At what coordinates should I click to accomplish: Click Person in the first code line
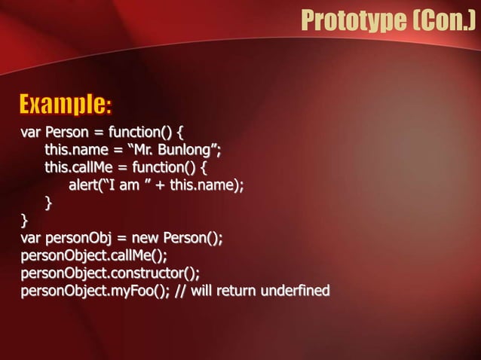[x=69, y=135]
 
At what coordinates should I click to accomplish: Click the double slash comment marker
[x=180, y=290]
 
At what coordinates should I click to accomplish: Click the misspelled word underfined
[x=300, y=290]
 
